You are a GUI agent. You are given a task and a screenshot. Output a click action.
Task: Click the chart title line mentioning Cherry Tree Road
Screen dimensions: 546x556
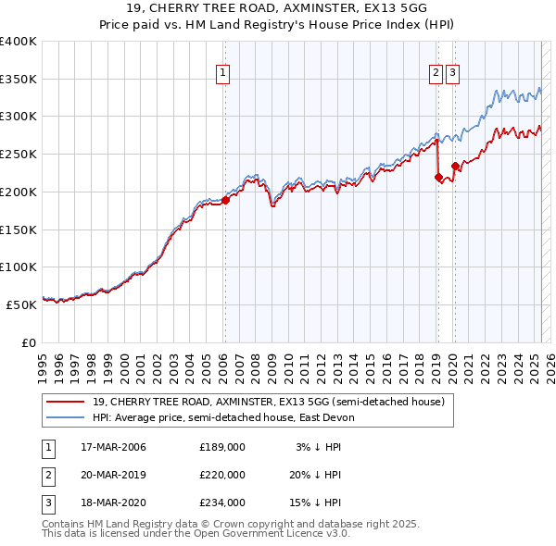click(277, 9)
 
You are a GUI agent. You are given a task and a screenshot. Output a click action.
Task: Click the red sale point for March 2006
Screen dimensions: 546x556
click(225, 199)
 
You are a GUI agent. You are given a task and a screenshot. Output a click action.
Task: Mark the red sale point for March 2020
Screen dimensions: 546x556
click(455, 167)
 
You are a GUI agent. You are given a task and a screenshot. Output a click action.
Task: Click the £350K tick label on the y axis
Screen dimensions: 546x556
click(19, 80)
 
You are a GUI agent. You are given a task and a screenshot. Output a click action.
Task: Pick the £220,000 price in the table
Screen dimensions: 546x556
click(221, 475)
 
